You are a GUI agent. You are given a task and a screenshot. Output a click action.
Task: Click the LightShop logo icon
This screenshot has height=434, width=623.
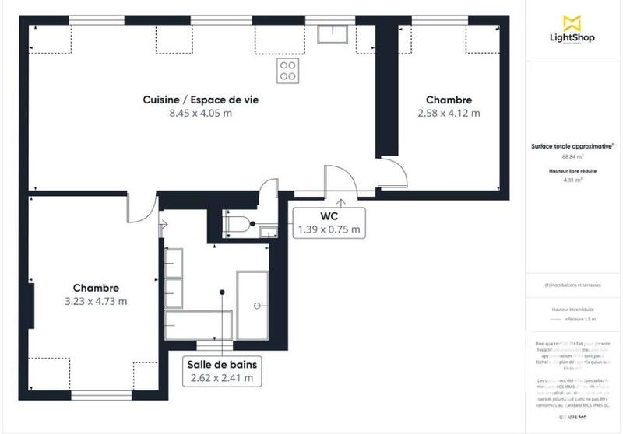[x=572, y=23]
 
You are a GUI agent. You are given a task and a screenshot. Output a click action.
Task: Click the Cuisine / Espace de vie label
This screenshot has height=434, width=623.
[x=201, y=100]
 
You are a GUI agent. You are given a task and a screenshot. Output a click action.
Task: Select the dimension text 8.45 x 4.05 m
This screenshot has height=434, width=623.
[x=201, y=113]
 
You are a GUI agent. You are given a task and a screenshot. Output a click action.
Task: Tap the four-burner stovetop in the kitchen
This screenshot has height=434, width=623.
[x=287, y=70]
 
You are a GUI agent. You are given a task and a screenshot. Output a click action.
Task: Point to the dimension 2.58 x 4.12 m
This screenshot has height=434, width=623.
[x=449, y=113]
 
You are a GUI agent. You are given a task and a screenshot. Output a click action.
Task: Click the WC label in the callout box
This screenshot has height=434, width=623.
[x=328, y=215]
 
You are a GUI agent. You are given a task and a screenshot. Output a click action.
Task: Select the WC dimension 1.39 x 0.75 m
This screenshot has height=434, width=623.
[x=328, y=229]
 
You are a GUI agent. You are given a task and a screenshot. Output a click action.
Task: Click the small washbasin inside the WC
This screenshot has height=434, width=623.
[x=267, y=229]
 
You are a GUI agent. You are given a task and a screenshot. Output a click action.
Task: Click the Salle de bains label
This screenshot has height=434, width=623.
[x=222, y=364]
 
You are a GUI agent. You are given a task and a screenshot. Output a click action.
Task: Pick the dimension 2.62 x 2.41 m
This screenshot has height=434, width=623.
[x=222, y=378]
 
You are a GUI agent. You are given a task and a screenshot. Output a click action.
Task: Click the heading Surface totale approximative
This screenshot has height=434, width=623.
[x=572, y=145]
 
